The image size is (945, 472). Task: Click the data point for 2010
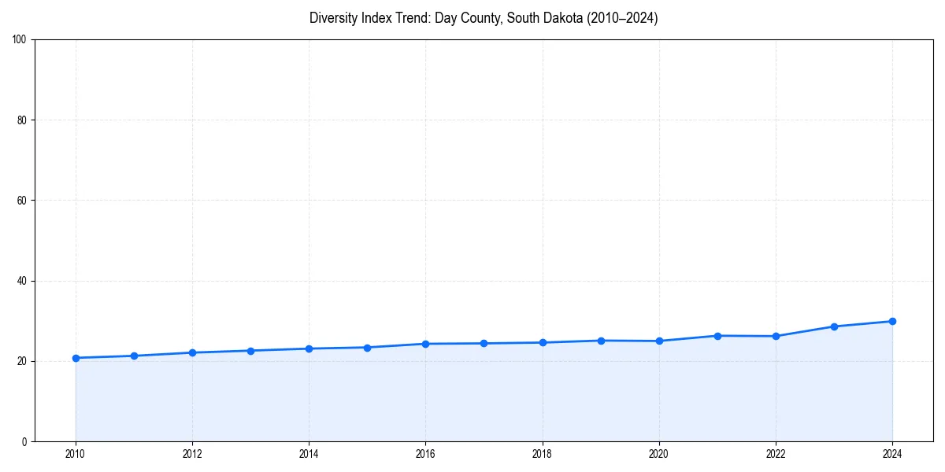click(76, 358)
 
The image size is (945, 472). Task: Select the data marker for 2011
click(134, 356)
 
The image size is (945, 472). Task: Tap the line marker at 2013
click(250, 351)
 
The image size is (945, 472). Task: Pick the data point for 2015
click(367, 348)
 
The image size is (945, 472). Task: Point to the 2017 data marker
click(484, 343)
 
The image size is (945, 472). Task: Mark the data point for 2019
click(601, 341)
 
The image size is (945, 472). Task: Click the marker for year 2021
click(717, 336)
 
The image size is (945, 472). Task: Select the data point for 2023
click(834, 326)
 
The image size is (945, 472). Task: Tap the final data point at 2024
click(892, 321)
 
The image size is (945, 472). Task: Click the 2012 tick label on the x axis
click(192, 453)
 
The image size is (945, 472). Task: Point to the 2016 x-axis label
click(425, 453)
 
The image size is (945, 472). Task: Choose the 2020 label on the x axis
click(659, 453)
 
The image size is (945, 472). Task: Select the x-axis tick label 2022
click(776, 453)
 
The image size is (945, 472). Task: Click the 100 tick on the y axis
click(20, 39)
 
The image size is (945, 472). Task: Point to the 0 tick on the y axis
click(25, 441)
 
